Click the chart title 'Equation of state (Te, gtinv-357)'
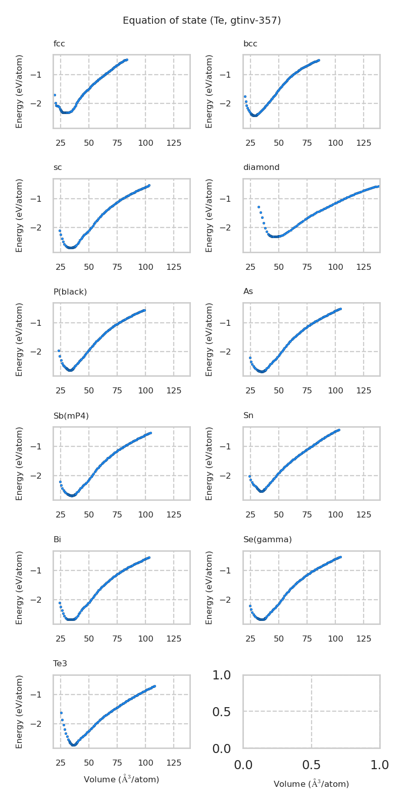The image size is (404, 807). (x=201, y=21)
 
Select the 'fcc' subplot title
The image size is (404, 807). (x=59, y=44)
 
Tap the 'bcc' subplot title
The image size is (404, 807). (x=250, y=44)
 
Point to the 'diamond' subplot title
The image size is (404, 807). (x=261, y=167)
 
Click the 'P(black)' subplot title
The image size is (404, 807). (x=70, y=292)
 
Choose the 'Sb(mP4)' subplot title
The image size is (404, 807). (x=71, y=416)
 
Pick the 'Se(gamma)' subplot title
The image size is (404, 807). (x=268, y=540)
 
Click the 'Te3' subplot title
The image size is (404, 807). (x=60, y=664)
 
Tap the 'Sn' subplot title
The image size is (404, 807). (x=248, y=416)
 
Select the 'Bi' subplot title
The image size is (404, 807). (x=57, y=540)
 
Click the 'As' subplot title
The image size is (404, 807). (x=248, y=292)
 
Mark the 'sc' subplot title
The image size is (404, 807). (x=58, y=167)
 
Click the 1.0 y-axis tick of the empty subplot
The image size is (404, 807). (x=222, y=675)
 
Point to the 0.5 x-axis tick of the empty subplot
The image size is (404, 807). (x=311, y=765)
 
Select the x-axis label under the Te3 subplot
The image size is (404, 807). (x=121, y=779)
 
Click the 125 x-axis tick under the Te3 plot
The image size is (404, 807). (x=174, y=763)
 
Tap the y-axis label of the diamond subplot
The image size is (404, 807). (x=209, y=215)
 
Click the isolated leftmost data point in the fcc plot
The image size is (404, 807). (x=55, y=95)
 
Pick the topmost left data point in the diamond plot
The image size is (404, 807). (x=259, y=207)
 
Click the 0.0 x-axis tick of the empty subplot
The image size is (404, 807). (x=243, y=765)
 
